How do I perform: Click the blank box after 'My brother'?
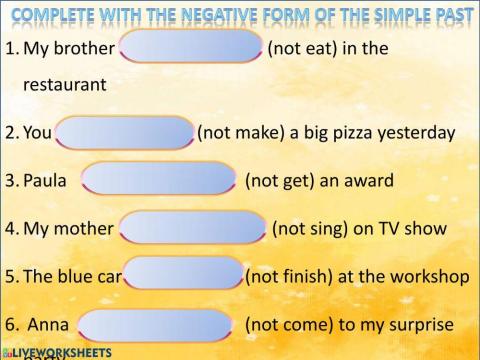[x=191, y=47]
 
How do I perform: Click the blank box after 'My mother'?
[x=194, y=228]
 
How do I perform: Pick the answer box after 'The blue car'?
[x=184, y=274]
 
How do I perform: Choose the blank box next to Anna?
[x=155, y=324]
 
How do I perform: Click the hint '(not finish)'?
[x=290, y=276]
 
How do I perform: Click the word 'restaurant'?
[x=64, y=85]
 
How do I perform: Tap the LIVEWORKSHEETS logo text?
[x=62, y=352]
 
